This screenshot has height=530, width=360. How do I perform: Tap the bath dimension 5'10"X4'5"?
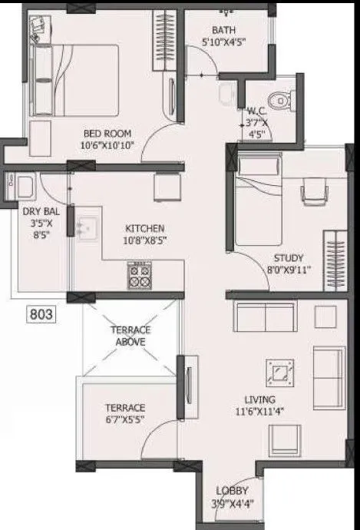click(223, 42)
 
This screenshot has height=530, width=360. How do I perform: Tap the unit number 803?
click(41, 313)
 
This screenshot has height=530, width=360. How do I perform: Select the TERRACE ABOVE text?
click(130, 336)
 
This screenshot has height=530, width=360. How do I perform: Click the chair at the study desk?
click(312, 192)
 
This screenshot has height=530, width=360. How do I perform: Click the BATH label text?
click(223, 31)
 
